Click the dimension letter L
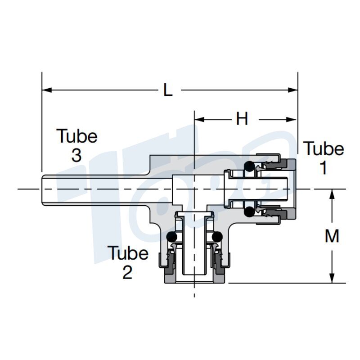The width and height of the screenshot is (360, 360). click(x=167, y=90)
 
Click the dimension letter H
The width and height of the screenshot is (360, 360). click(x=242, y=119)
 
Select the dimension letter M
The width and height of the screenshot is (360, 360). click(x=332, y=236)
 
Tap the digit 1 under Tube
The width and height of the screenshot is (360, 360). click(x=323, y=167)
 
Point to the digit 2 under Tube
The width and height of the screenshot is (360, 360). click(x=127, y=272)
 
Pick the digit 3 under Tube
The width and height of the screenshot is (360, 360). click(x=76, y=155)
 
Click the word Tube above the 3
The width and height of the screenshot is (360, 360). click(x=77, y=136)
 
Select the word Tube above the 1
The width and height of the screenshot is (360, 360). click(x=324, y=148)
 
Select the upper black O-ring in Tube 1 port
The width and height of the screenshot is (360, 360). click(x=248, y=166)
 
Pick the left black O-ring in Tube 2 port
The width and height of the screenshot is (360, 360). click(x=171, y=237)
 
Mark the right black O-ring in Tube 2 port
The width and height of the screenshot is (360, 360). click(x=217, y=237)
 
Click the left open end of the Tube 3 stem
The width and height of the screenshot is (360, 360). click(x=41, y=189)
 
